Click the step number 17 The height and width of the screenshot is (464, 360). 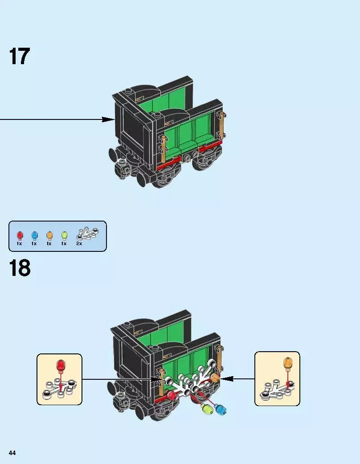click(19, 57)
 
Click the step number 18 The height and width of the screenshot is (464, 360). click(19, 269)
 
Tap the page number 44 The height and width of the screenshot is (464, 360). click(12, 453)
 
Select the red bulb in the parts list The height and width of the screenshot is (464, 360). click(20, 234)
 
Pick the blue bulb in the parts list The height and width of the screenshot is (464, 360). click(34, 234)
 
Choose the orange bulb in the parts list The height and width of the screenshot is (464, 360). click(49, 234)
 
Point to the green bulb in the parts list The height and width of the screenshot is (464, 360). click(64, 234)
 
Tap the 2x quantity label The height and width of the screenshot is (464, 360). click(79, 244)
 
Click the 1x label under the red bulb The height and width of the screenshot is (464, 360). click(20, 244)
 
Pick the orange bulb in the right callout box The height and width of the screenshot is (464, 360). click(287, 363)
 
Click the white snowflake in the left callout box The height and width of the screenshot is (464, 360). click(58, 388)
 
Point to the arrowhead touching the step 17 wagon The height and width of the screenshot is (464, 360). click(108, 119)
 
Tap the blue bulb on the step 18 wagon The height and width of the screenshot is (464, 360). click(220, 410)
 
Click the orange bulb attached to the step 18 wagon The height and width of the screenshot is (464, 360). click(215, 378)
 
